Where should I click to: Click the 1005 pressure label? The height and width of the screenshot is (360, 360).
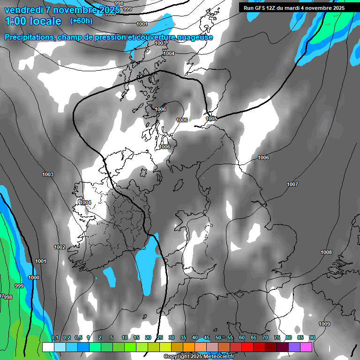(211, 119)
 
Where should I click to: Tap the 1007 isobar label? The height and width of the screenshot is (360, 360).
(292, 184)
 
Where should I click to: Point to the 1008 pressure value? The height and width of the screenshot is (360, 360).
(326, 252)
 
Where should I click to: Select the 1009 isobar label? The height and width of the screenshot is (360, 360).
(324, 324)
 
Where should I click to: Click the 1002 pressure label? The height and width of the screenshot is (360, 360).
(60, 247)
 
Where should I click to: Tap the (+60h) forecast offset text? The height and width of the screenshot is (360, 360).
(81, 21)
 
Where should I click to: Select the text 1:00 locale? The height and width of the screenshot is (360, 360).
(33, 21)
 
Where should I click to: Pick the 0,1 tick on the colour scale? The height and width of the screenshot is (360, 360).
(55, 338)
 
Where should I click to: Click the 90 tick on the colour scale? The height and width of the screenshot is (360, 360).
(312, 338)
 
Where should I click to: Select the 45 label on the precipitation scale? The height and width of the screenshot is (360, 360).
(207, 338)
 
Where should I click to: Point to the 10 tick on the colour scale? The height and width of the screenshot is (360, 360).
(125, 338)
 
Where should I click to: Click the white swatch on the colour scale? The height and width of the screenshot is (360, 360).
(48, 347)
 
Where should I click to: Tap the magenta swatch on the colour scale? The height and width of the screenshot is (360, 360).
(306, 347)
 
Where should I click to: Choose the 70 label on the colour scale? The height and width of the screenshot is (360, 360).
(265, 338)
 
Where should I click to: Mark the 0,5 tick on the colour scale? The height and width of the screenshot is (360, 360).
(78, 338)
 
